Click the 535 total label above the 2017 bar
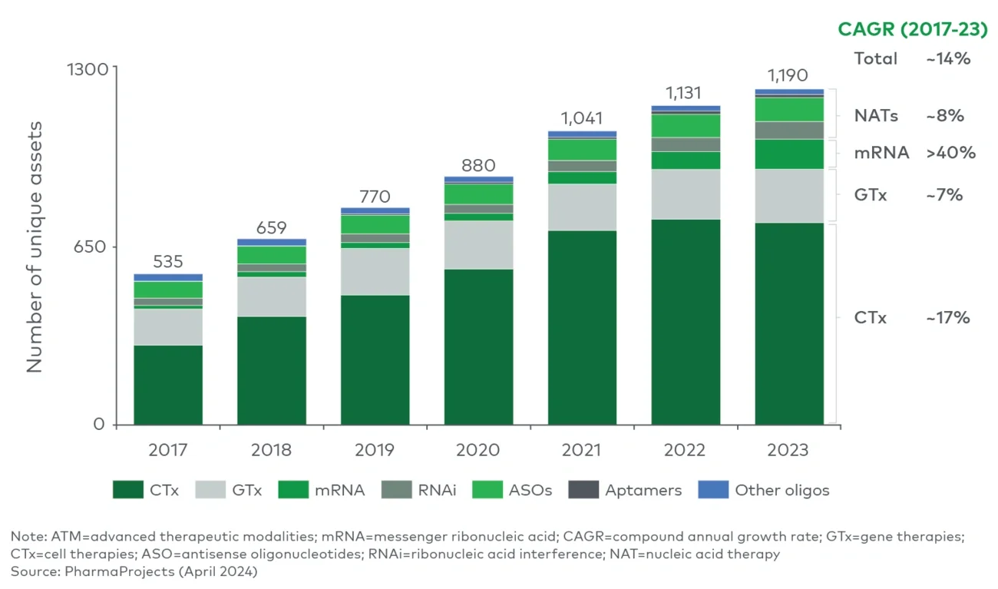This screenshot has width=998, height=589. (x=168, y=262)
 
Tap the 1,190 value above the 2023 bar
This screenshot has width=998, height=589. (x=789, y=76)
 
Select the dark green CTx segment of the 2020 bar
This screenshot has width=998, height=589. (x=478, y=346)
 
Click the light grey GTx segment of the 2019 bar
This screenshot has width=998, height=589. (x=375, y=271)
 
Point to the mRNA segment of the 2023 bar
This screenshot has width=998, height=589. (x=789, y=154)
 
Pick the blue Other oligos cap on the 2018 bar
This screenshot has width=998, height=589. (x=271, y=242)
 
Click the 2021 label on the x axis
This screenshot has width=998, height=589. (x=582, y=450)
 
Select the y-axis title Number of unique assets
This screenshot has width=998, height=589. (x=35, y=247)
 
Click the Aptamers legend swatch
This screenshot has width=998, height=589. (x=583, y=490)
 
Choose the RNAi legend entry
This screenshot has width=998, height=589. (x=418, y=490)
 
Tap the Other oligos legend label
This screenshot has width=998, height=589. (x=782, y=490)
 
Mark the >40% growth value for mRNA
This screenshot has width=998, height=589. (x=950, y=153)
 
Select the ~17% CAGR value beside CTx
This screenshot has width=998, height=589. (x=948, y=318)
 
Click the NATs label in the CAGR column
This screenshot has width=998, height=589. (x=876, y=116)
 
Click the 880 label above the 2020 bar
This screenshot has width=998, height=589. (x=478, y=165)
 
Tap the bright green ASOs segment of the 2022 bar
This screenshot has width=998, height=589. (x=686, y=125)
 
